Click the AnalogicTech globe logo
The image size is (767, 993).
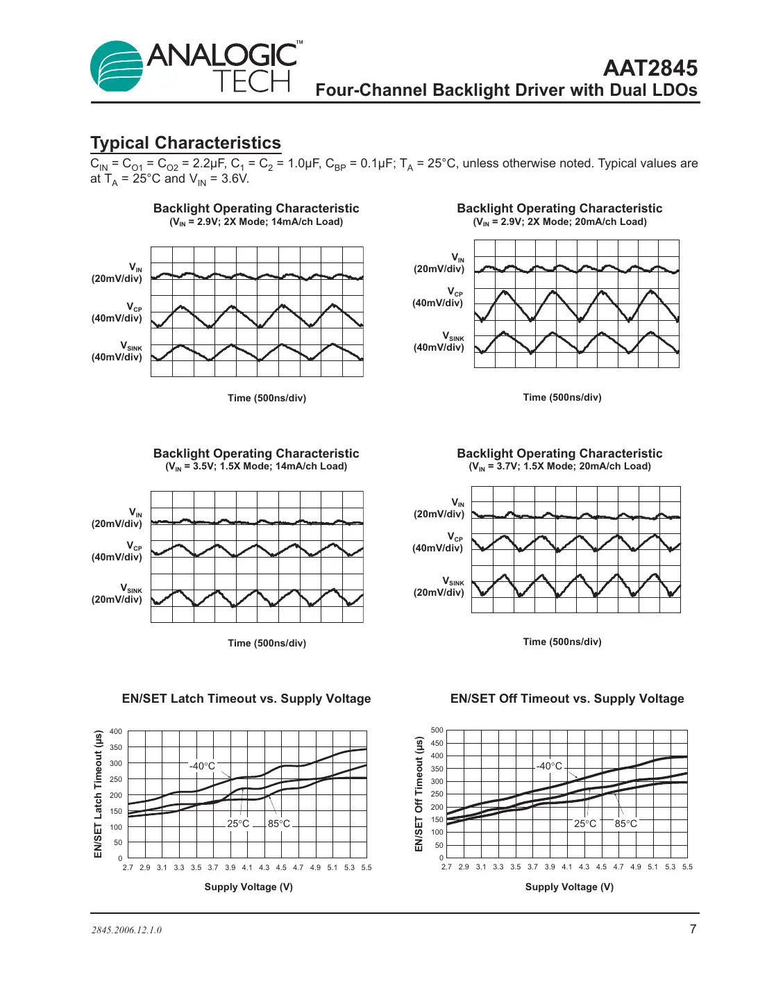(x=117, y=67)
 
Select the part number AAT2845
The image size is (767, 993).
(x=650, y=68)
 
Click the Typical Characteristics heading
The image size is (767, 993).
(x=185, y=143)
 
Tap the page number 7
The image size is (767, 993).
(x=692, y=929)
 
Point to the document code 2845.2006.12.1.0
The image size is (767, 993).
(x=126, y=930)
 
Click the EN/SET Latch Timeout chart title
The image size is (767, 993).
(x=246, y=699)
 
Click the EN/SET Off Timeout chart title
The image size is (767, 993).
(x=566, y=699)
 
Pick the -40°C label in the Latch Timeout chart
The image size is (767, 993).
(x=202, y=766)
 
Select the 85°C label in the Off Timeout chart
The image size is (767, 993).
(x=625, y=824)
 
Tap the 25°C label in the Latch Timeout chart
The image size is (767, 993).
(x=238, y=824)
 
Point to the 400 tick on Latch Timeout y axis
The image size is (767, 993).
(x=116, y=731)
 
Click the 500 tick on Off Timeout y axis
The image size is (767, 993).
(x=437, y=730)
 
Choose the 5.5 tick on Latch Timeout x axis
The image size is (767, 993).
(x=366, y=867)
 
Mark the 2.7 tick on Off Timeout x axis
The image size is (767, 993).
(x=446, y=867)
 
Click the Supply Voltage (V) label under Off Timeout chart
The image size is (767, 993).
(x=569, y=887)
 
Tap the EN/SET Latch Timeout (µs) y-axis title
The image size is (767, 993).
(x=98, y=794)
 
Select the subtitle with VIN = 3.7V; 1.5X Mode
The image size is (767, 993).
(x=559, y=467)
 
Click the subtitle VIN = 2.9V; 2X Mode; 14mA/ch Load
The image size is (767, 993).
(x=256, y=222)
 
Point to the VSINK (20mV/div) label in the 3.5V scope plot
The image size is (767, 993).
(x=117, y=594)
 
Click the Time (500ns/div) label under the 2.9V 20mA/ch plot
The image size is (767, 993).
(x=562, y=397)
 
